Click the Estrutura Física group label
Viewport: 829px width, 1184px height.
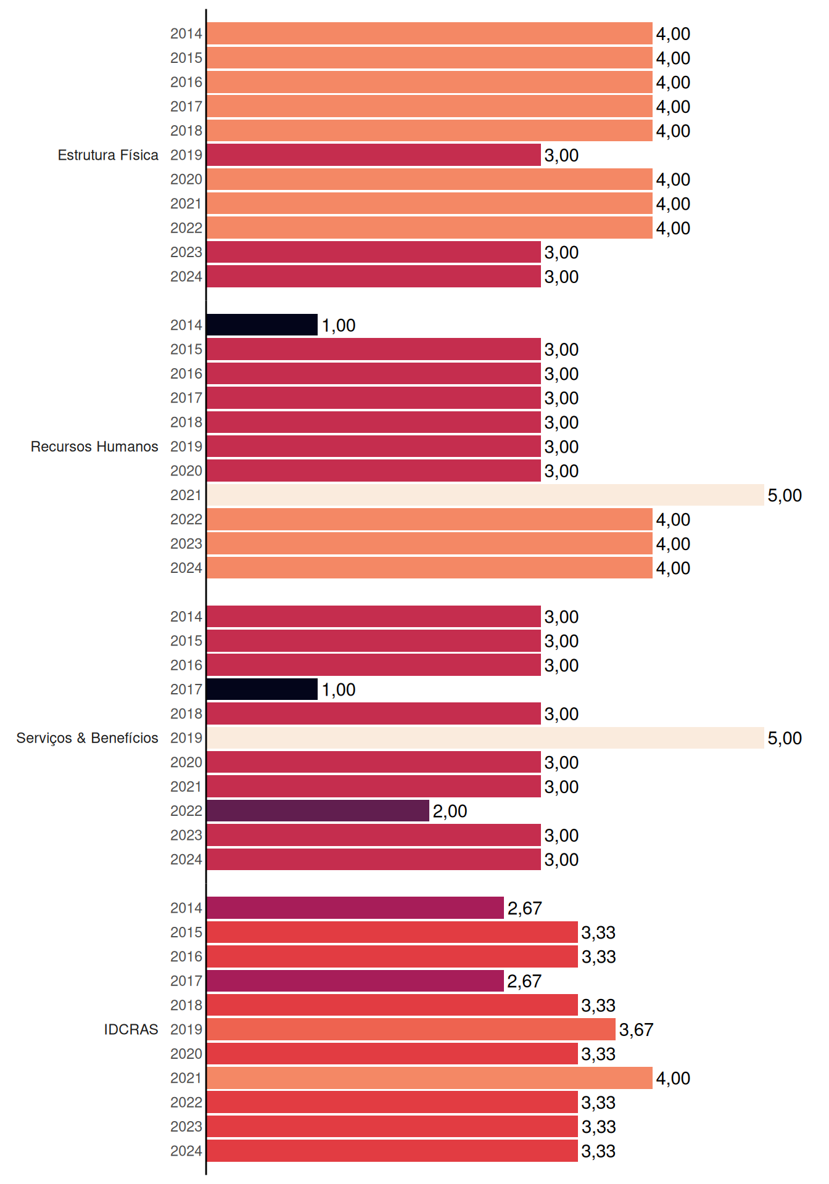pyautogui.click(x=108, y=155)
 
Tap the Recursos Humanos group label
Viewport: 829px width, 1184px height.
pyautogui.click(x=94, y=446)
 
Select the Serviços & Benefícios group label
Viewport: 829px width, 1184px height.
pyautogui.click(x=87, y=738)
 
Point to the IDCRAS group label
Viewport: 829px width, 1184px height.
pyautogui.click(x=131, y=1029)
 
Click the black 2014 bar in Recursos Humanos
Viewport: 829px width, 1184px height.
pyautogui.click(x=262, y=325)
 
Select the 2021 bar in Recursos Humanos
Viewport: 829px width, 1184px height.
pyautogui.click(x=485, y=495)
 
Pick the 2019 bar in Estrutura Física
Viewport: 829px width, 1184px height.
pyautogui.click(x=374, y=155)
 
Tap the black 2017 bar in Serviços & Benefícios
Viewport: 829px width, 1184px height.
pyautogui.click(x=262, y=689)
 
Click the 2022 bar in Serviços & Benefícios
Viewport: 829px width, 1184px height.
pyautogui.click(x=318, y=811)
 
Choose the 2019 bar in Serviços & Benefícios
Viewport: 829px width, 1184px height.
pyautogui.click(x=485, y=738)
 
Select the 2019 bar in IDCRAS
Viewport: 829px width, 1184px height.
pyautogui.click(x=411, y=1029)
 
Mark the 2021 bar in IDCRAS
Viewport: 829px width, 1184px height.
pyautogui.click(x=430, y=1078)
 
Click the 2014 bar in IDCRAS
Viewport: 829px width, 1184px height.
pyautogui.click(x=355, y=908)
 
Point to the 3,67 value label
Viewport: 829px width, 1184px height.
pyautogui.click(x=636, y=1030)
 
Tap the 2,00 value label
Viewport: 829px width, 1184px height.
pyautogui.click(x=450, y=812)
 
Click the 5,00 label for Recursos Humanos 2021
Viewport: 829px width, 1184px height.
pyautogui.click(x=785, y=496)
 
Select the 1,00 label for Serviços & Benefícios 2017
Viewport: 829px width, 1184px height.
pyautogui.click(x=339, y=690)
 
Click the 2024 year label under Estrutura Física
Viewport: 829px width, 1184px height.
pyautogui.click(x=186, y=277)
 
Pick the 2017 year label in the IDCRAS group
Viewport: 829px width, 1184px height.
pyautogui.click(x=186, y=981)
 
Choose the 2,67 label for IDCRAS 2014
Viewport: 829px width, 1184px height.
pyautogui.click(x=524, y=908)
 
